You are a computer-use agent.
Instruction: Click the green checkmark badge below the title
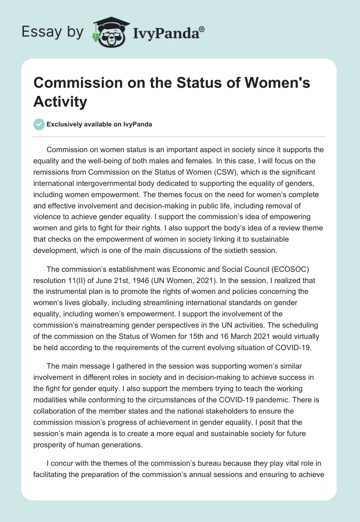[39, 124]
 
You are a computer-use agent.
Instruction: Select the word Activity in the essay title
[60, 101]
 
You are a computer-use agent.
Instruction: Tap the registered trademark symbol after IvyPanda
[202, 28]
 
